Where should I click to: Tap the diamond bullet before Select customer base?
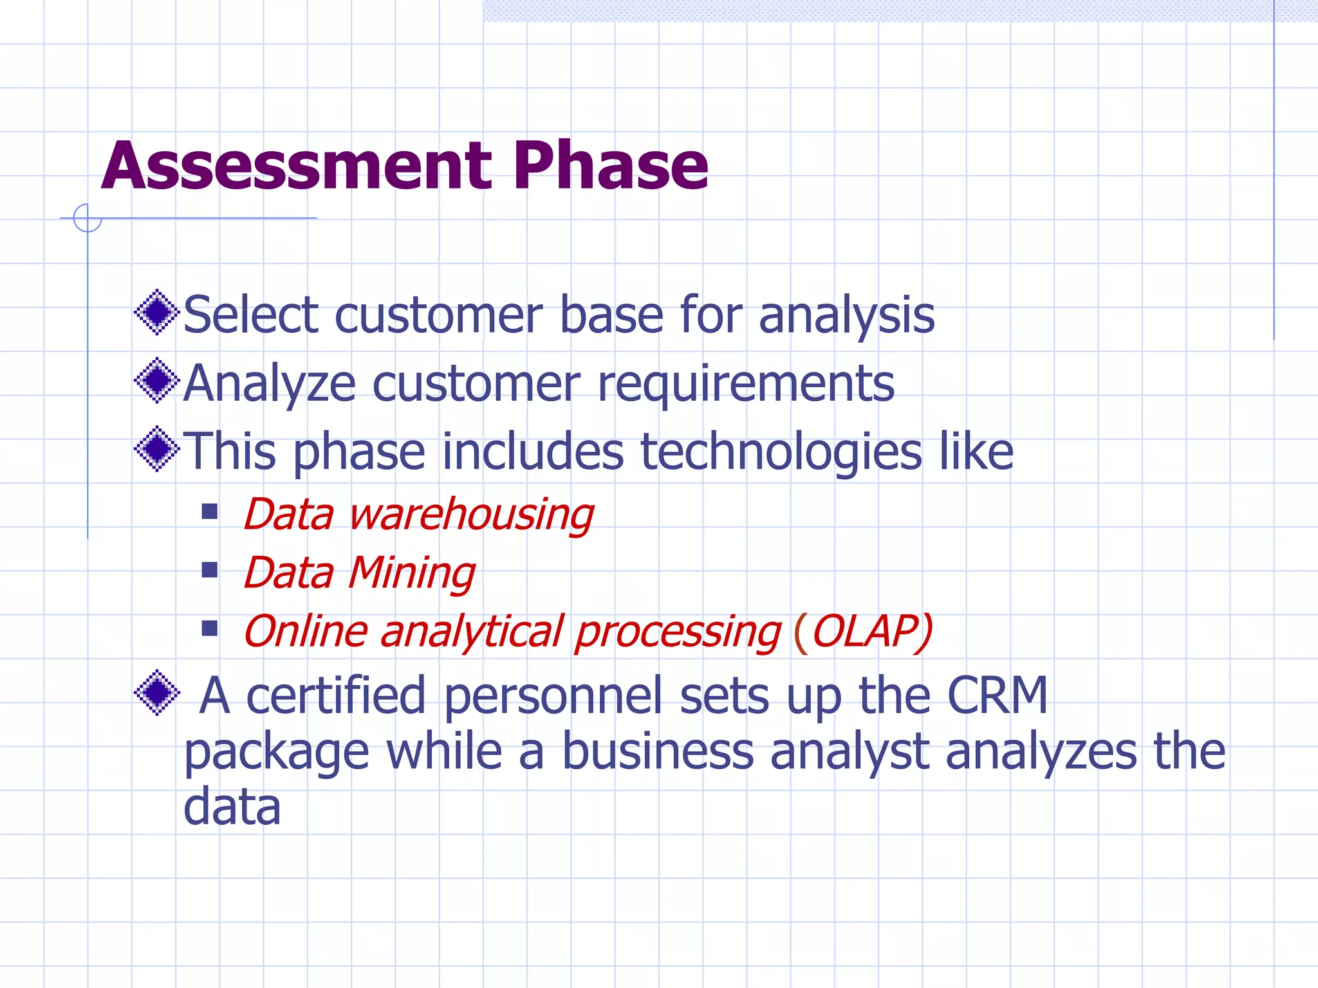click(156, 313)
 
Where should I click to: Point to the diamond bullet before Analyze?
click(156, 381)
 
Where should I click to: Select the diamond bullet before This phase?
click(156, 449)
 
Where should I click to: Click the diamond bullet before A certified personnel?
click(156, 693)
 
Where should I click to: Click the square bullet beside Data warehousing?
click(209, 511)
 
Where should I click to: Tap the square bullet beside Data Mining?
click(209, 570)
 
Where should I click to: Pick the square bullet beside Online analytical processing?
click(209, 628)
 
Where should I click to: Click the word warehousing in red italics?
click(470, 515)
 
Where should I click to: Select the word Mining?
click(412, 573)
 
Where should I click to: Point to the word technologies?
click(781, 452)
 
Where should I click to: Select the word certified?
click(335, 695)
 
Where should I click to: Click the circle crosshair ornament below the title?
click(88, 218)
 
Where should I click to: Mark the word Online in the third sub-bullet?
click(306, 631)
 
